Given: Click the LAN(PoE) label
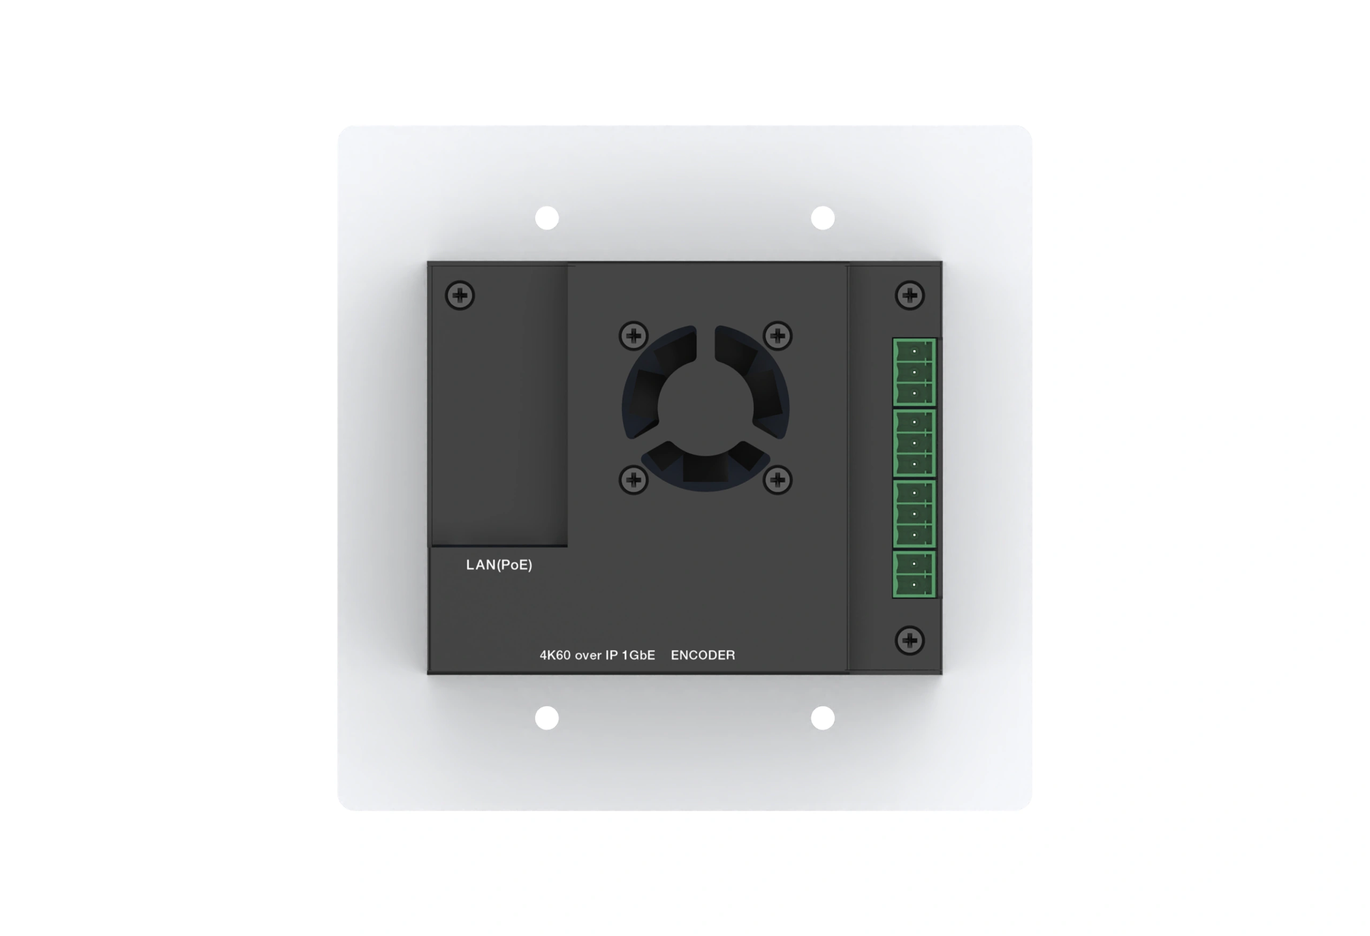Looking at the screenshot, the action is tap(499, 565).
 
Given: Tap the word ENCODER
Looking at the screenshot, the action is tap(703, 655).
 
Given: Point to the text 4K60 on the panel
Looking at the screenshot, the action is tap(555, 655).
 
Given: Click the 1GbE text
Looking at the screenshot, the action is tap(638, 655).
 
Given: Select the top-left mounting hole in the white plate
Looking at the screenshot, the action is tap(546, 217).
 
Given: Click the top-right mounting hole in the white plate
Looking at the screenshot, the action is tap(823, 217).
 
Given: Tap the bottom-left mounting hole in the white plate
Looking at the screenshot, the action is tap(546, 718).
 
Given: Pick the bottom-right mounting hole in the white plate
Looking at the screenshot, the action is tap(823, 718).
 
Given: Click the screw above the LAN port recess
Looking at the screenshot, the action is tap(460, 296).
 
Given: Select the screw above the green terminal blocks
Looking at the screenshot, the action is tap(910, 295).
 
